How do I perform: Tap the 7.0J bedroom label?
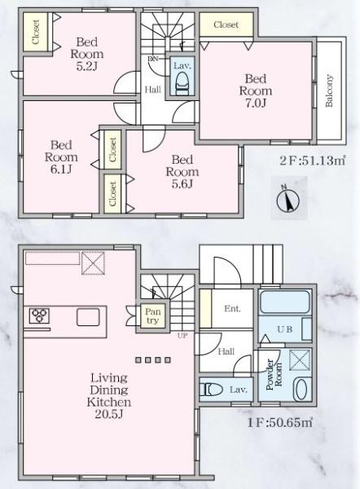pyautogui.click(x=254, y=92)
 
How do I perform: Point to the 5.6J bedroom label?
pyautogui.click(x=182, y=172)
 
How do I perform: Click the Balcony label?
pyautogui.click(x=329, y=91)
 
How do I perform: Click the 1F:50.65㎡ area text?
pyautogui.click(x=281, y=423)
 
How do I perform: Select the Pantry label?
pyautogui.click(x=152, y=316)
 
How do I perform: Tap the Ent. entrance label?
pyautogui.click(x=232, y=308)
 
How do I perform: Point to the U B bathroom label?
pyautogui.click(x=285, y=329)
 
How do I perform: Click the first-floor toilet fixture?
pyautogui.click(x=211, y=389)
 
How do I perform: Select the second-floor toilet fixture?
pyautogui.click(x=182, y=81)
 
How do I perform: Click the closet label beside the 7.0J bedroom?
pyautogui.click(x=226, y=25)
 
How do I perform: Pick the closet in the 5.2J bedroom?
pyautogui.click(x=36, y=32)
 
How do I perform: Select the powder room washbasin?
pyautogui.click(x=300, y=388)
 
